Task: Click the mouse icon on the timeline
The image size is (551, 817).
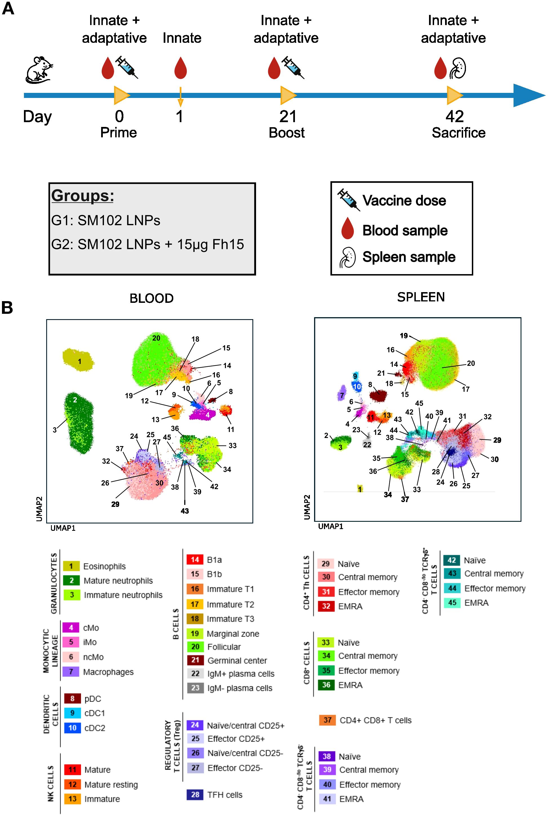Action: coord(40,70)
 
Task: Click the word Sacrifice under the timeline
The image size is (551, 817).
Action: coord(458,133)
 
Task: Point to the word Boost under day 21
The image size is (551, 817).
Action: coord(286,133)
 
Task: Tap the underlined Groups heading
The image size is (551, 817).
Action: coord(83,196)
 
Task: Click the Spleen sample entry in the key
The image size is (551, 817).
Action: coord(409,257)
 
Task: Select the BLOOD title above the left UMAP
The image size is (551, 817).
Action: coord(152,298)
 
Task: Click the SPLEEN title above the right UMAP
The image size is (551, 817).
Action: coord(421,297)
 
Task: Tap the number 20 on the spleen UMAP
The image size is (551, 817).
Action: coord(470,363)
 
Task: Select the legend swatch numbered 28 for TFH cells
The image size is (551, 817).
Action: coord(195,794)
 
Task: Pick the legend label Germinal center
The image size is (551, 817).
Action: coord(237,661)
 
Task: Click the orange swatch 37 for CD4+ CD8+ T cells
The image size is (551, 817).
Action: coord(327,720)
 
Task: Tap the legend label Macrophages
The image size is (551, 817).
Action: coord(108,672)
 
